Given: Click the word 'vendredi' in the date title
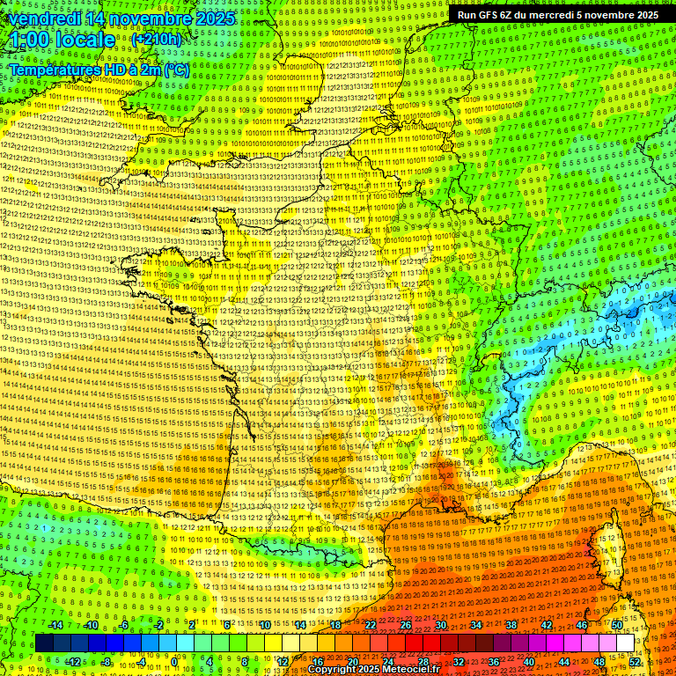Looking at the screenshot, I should click(x=43, y=18).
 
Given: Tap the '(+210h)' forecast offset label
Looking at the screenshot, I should click(x=157, y=40).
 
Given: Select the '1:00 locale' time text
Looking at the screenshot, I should click(x=62, y=40).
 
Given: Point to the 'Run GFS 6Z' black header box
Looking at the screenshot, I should click(x=557, y=15).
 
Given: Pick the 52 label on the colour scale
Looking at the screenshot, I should click(x=635, y=662).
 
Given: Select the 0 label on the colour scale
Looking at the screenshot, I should click(x=174, y=662).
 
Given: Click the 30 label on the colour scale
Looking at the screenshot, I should click(x=441, y=625).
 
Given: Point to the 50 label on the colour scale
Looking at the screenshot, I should click(x=617, y=625).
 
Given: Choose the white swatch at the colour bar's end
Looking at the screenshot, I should click(x=625, y=643).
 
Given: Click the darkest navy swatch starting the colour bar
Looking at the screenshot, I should click(x=44, y=643).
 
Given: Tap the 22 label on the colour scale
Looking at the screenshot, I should click(x=371, y=625).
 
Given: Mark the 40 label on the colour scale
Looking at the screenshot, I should click(x=528, y=662).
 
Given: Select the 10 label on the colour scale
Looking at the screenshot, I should click(x=265, y=625).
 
